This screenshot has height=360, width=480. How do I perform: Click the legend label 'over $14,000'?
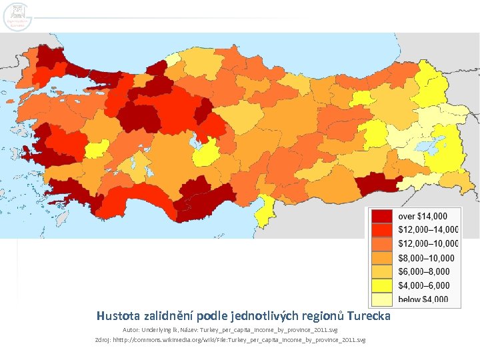coord(428,216)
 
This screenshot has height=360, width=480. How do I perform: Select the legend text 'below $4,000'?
coord(423,300)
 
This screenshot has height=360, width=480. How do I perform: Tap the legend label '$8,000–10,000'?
coord(426,258)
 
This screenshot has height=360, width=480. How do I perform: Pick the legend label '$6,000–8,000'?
coord(424,272)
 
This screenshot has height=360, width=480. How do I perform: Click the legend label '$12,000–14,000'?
coord(429,230)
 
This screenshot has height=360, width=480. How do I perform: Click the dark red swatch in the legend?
coord(381,216)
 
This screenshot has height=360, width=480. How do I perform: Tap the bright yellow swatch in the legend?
coord(381,286)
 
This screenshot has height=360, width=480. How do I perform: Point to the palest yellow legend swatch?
coord(381,300)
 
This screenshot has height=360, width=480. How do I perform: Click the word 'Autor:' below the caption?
coord(132,331)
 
